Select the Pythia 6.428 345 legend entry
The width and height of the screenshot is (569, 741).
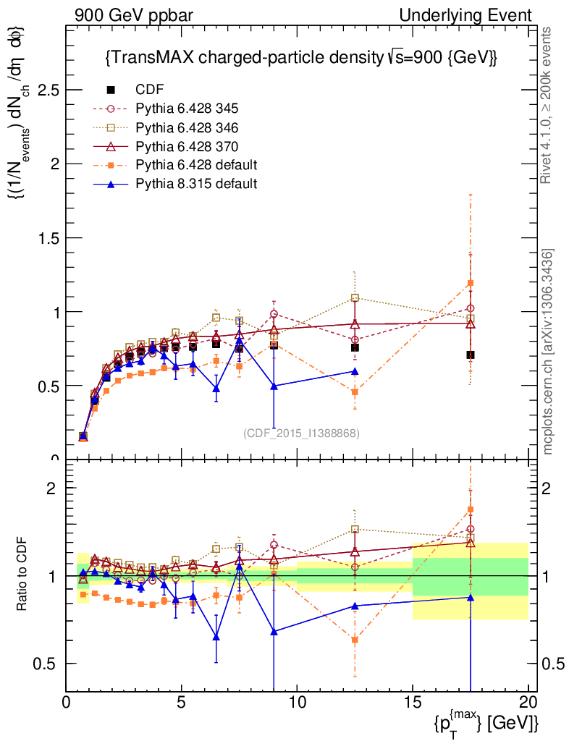tap(187, 109)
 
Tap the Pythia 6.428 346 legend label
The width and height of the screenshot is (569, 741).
tap(187, 127)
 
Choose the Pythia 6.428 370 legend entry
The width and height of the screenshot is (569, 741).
tap(187, 146)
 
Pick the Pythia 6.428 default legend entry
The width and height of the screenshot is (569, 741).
tap(196, 165)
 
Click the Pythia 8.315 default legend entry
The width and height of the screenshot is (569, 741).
tap(196, 184)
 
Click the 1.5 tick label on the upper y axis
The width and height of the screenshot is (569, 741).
tap(49, 238)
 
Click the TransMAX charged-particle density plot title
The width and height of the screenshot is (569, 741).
tap(300, 57)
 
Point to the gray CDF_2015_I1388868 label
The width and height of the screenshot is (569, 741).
tap(301, 433)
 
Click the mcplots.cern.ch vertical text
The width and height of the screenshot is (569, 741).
tap(548, 352)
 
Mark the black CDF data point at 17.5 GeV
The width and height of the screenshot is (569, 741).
tap(471, 355)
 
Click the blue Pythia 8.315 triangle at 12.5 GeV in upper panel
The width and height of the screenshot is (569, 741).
tap(355, 371)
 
